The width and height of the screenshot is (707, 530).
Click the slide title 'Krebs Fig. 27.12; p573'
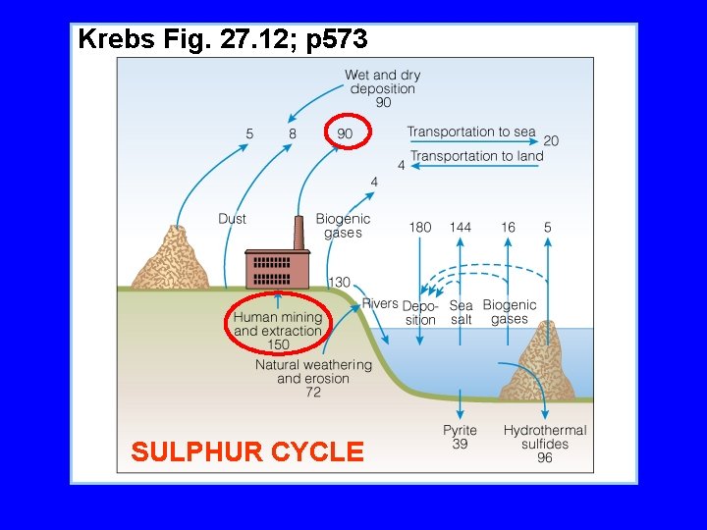click(222, 40)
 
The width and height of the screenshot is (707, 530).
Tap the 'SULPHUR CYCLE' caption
click(246, 451)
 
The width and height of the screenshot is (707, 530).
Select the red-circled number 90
click(346, 132)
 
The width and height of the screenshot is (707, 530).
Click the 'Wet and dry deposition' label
click(383, 81)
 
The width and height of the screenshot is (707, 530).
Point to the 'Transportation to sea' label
click(471, 132)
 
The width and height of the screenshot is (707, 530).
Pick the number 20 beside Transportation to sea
click(551, 140)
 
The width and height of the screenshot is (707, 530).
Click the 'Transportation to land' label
click(476, 156)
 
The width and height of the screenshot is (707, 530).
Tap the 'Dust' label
click(232, 218)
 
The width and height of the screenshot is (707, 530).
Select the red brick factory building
click(278, 269)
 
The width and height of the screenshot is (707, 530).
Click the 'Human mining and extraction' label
click(278, 324)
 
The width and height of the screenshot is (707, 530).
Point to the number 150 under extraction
click(278, 344)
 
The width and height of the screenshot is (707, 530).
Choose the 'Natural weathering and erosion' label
click(313, 371)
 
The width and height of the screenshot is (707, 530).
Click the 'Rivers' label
click(380, 303)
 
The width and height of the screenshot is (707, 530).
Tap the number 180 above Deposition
click(419, 227)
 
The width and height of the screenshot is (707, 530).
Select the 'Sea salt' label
click(461, 312)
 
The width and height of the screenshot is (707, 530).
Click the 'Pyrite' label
click(460, 430)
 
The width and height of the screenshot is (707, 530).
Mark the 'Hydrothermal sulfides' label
click(545, 437)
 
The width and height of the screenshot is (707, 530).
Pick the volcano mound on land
click(173, 259)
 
